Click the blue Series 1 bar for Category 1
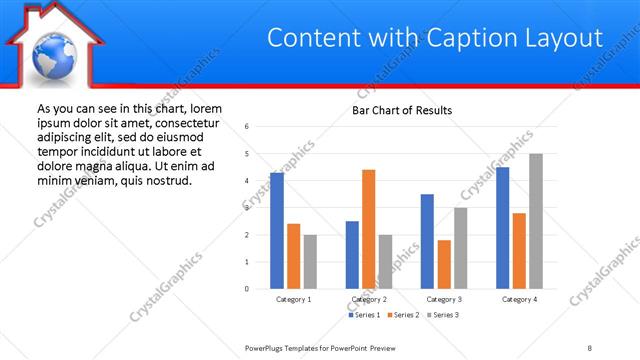(x=277, y=231)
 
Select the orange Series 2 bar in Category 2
(x=368, y=229)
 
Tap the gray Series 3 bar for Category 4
(x=536, y=221)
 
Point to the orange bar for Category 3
(x=444, y=264)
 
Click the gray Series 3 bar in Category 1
(x=310, y=262)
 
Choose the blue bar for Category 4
(x=502, y=228)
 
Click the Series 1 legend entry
(x=364, y=315)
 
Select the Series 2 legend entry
(x=404, y=315)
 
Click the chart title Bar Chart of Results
(x=402, y=110)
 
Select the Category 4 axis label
(x=519, y=299)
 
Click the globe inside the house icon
(x=52, y=56)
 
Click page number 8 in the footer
(x=590, y=347)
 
